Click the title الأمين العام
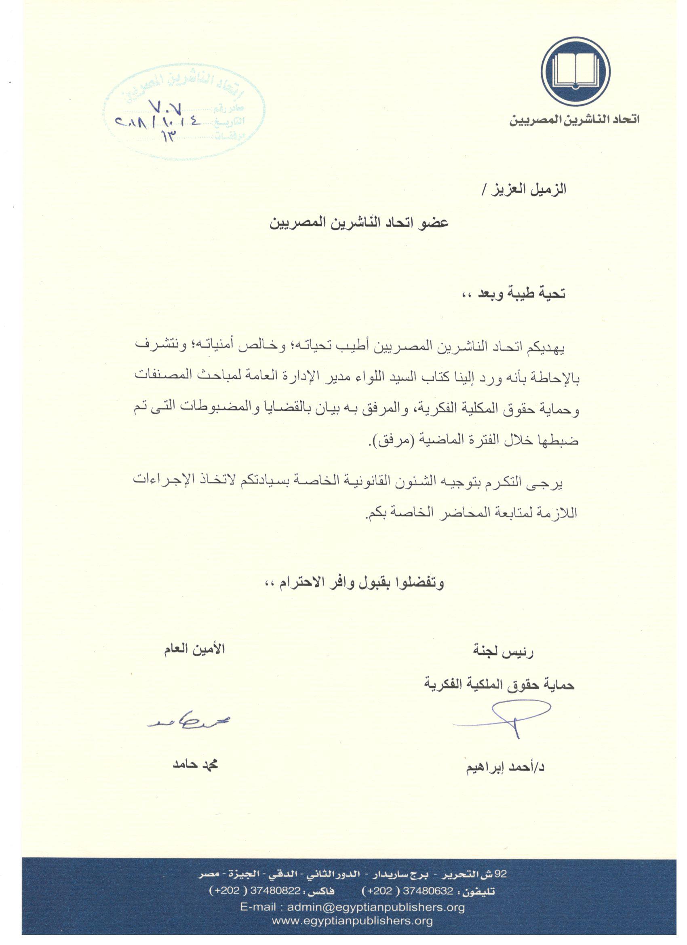[194, 650]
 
